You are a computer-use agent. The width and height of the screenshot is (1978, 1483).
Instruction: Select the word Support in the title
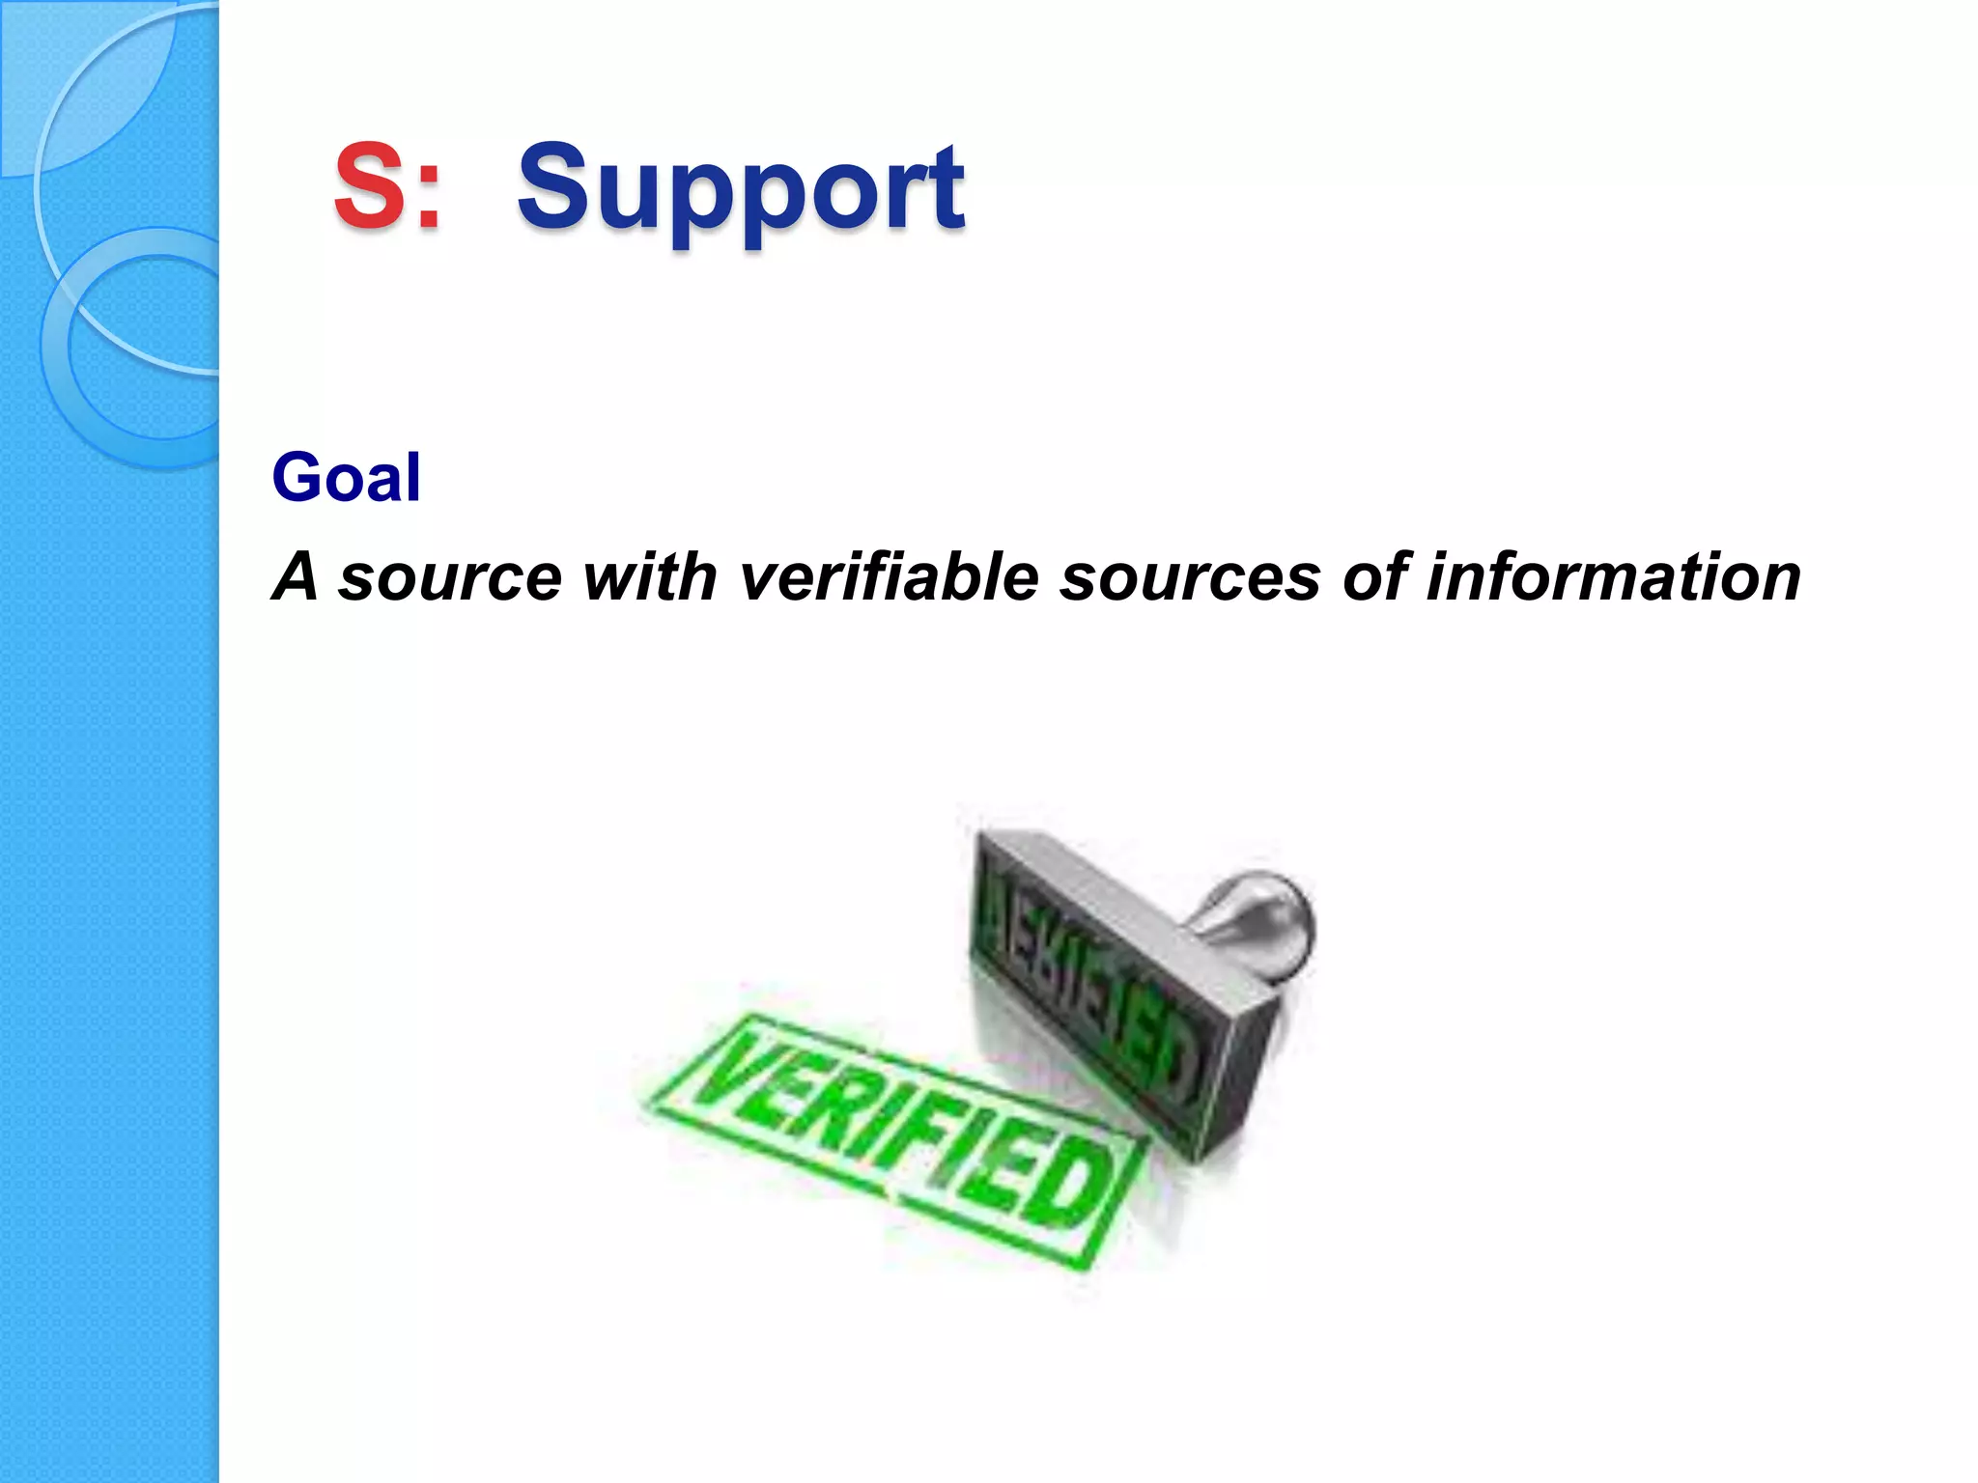pos(741,189)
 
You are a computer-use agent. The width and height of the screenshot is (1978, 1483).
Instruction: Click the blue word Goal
pos(346,477)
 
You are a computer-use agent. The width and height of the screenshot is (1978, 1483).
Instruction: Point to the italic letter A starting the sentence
pos(296,576)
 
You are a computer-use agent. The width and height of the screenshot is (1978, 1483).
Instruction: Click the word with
pos(650,576)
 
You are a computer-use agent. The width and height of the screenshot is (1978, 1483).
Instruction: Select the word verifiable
pos(890,576)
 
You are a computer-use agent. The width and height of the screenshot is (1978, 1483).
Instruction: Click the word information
pos(1614,576)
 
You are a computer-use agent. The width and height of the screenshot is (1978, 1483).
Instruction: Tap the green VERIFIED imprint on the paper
pos(898,1139)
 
